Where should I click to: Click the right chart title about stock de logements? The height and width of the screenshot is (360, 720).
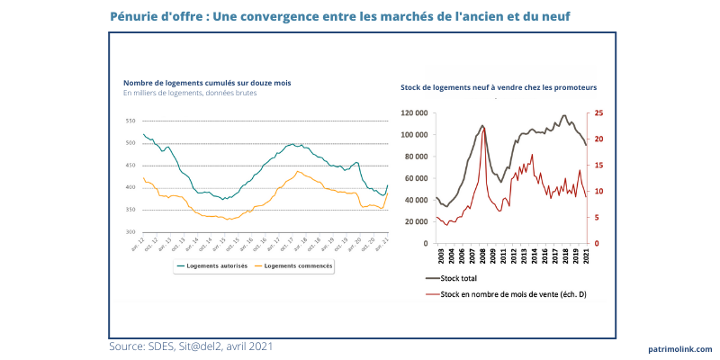pos(499,88)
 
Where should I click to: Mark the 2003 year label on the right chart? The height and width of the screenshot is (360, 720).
pos(438,255)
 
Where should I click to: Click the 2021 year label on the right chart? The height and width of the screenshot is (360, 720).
pos(587,255)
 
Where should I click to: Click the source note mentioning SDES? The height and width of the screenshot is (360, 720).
pos(191,346)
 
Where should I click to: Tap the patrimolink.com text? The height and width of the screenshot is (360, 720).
pos(679,348)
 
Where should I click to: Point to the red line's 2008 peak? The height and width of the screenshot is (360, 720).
pos(485,129)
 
